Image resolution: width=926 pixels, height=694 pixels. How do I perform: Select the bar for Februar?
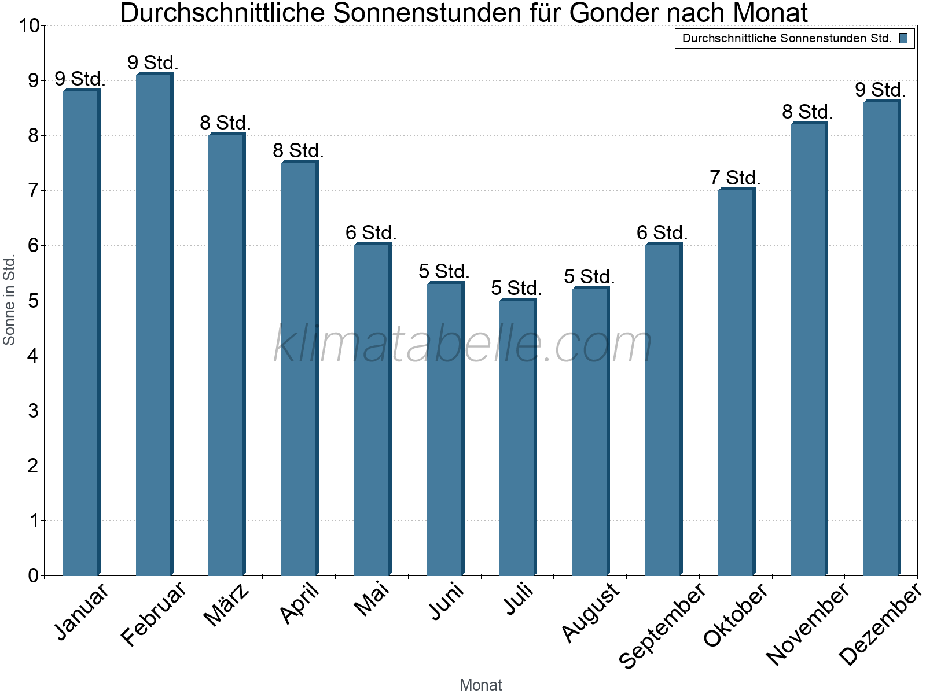(x=154, y=324)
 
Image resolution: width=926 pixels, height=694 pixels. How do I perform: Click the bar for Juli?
(x=517, y=437)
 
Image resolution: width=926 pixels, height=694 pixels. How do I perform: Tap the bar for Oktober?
(x=736, y=382)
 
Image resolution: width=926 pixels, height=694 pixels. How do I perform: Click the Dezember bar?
(x=881, y=338)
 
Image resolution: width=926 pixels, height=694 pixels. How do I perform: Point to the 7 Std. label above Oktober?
(x=735, y=178)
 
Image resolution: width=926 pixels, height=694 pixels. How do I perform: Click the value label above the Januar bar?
(x=80, y=79)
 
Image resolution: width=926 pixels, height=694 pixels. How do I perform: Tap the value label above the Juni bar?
(x=444, y=271)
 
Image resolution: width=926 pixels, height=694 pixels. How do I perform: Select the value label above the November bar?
(x=808, y=112)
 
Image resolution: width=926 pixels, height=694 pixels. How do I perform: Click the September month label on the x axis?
(x=663, y=625)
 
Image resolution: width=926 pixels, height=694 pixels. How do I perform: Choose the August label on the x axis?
(x=590, y=612)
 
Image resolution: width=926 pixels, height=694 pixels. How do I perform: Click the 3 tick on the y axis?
(x=32, y=411)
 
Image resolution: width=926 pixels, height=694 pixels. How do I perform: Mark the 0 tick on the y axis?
(x=32, y=576)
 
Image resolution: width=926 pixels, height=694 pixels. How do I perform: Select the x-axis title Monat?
(x=480, y=685)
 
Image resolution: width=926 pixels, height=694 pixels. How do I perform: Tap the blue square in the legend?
(x=903, y=39)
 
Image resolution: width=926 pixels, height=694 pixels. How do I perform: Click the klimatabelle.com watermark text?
(x=463, y=344)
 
